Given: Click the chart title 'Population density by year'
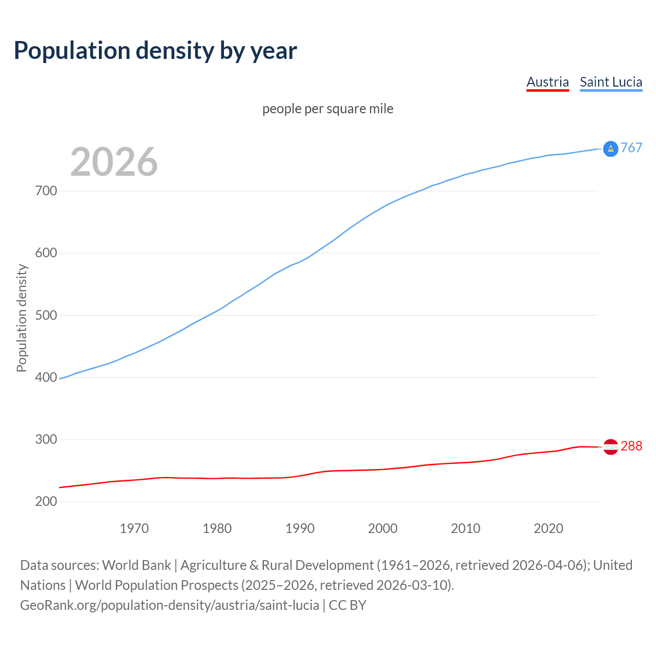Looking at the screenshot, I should click(x=155, y=51).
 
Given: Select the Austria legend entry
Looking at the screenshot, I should click(x=547, y=82).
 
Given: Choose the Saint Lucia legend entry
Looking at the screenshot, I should click(x=611, y=82).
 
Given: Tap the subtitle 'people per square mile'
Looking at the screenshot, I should click(x=327, y=109).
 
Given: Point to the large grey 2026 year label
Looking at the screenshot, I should click(x=114, y=162).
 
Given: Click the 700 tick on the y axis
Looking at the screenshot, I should click(x=46, y=191).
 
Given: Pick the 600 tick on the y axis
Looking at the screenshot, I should click(x=46, y=253).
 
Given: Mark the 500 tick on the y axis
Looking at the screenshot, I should click(x=46, y=315).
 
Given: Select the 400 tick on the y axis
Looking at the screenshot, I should click(x=46, y=378).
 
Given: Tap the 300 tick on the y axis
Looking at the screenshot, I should click(x=46, y=440).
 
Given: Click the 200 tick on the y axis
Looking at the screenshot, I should click(x=46, y=502).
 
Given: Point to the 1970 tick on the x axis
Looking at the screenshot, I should click(x=134, y=528).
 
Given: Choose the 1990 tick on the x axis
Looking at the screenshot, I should click(x=300, y=528).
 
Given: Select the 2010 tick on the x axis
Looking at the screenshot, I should click(x=465, y=528).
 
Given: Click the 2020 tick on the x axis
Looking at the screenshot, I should click(x=548, y=528).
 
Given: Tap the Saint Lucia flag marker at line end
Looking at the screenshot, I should click(x=610, y=149).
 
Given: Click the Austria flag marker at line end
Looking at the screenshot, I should click(x=610, y=447).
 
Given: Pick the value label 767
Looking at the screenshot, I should click(x=631, y=148).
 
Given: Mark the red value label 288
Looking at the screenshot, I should click(x=631, y=446).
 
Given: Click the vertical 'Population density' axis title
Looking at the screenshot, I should click(x=22, y=318).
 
